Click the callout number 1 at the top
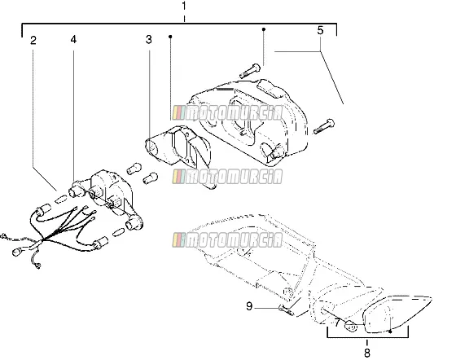click(184, 6)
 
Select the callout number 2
click(33, 40)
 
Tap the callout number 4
click(73, 39)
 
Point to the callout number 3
click(148, 40)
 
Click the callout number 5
click(320, 30)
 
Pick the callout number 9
click(249, 306)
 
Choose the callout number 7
click(337, 323)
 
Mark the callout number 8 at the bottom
click(367, 353)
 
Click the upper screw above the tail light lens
click(250, 71)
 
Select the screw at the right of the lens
click(324, 126)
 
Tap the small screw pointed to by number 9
click(287, 310)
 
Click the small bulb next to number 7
click(351, 326)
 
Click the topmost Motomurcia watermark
click(227, 113)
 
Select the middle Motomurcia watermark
click(227, 177)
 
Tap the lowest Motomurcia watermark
click(227, 240)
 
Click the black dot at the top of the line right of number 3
click(170, 37)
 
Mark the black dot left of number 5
click(264, 29)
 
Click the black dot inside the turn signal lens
click(390, 331)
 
